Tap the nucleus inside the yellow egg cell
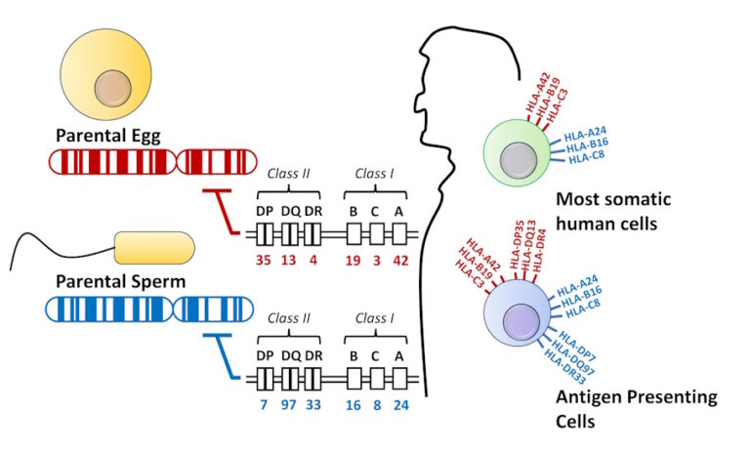point(111,90)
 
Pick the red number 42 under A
point(400,262)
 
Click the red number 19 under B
point(355,262)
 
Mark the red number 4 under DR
point(312,262)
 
